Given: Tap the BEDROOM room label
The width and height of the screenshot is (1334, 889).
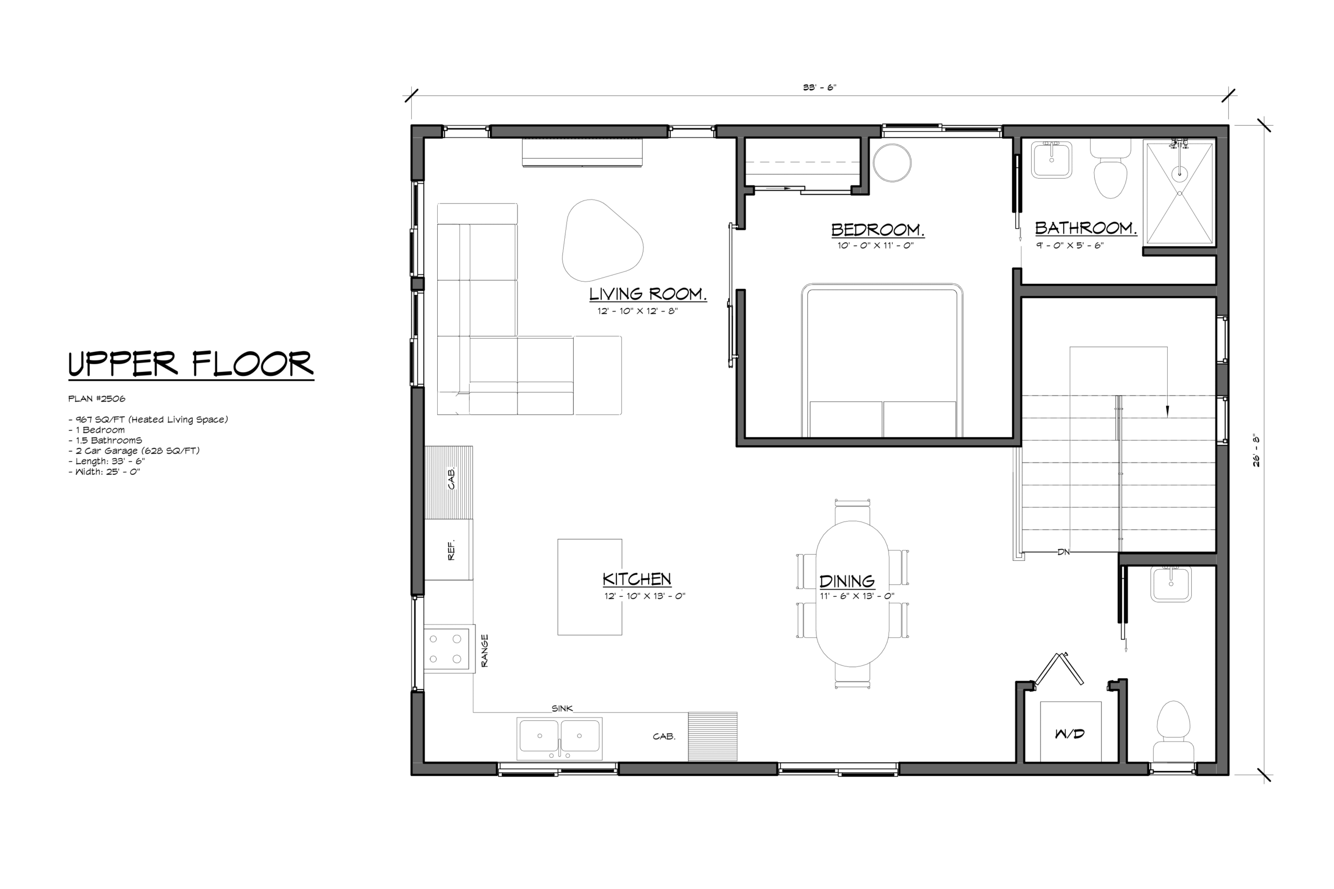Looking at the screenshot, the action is click(x=878, y=230).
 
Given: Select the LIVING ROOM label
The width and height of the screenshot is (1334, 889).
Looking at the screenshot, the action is click(x=648, y=294).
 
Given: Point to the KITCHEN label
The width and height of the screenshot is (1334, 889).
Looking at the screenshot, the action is click(x=637, y=579).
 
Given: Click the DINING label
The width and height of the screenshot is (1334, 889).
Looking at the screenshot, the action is click(x=847, y=581).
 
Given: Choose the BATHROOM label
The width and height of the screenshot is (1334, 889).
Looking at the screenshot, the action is click(x=1086, y=228).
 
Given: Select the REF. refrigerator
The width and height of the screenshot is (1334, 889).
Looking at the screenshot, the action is click(x=448, y=549).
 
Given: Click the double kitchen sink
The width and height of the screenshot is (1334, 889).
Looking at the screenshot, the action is click(x=559, y=738).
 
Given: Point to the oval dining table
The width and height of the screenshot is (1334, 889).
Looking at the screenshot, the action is click(x=853, y=594).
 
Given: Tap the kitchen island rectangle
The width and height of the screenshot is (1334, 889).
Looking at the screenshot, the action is click(x=590, y=587).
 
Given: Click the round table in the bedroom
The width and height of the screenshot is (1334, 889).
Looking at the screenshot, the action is click(x=892, y=162).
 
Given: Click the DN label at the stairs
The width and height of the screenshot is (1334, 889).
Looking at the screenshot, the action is click(x=1064, y=552).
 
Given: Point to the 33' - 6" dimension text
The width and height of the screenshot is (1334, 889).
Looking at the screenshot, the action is click(x=820, y=87).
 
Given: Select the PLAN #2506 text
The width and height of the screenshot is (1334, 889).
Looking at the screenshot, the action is click(x=96, y=398).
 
